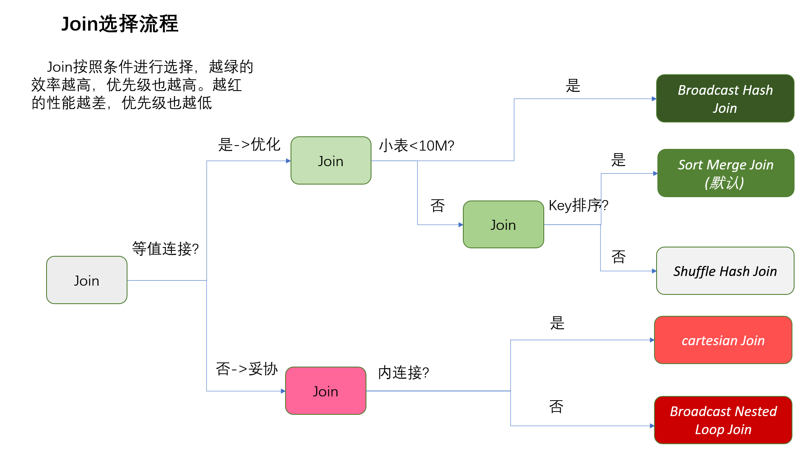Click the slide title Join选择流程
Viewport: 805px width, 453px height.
[x=120, y=24]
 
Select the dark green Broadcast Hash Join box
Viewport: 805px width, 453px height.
[x=725, y=99]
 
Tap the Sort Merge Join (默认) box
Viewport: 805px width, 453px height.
[x=725, y=173]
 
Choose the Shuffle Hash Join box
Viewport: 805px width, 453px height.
[x=725, y=271]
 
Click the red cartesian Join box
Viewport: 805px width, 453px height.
[x=723, y=340]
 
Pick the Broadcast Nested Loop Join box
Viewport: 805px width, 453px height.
[x=723, y=420]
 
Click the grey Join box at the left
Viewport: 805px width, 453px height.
[x=87, y=280]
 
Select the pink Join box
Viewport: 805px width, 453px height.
[x=326, y=391]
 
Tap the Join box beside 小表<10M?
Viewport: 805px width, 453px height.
[x=331, y=161]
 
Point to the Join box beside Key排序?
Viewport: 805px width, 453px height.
[x=503, y=225]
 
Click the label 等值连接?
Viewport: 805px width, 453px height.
[x=165, y=249]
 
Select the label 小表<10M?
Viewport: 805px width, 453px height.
[x=416, y=146]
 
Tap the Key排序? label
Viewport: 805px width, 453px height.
[x=578, y=206]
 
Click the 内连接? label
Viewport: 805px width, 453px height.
[x=403, y=372]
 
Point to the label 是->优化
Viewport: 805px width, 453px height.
[x=249, y=145]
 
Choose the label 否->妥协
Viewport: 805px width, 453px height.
[x=247, y=369]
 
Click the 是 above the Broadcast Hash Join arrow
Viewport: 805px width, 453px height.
[x=573, y=86]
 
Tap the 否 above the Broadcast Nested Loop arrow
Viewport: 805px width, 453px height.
[x=556, y=406]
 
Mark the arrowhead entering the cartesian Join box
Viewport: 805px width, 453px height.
[x=652, y=340]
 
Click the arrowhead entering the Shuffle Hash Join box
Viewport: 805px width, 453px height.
[x=654, y=271]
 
